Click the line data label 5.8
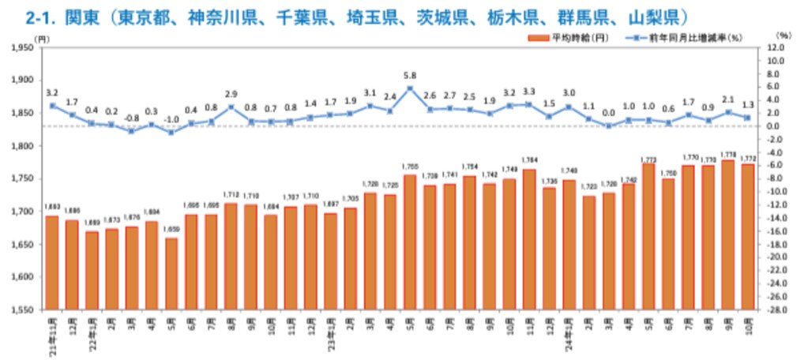tap(409, 75)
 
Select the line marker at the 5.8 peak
tap(409, 88)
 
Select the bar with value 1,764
tap(528, 240)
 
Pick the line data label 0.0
tap(608, 113)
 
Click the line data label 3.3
tap(528, 92)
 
